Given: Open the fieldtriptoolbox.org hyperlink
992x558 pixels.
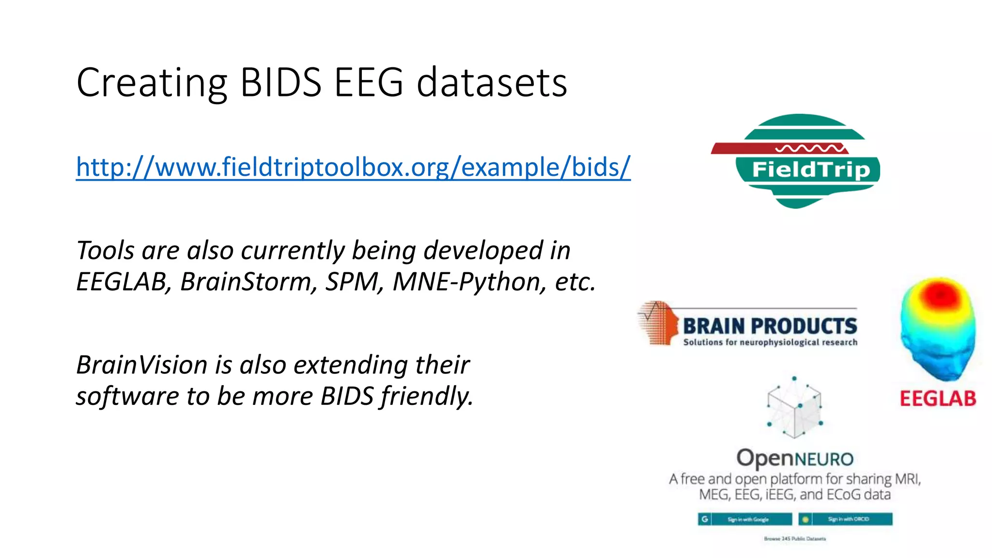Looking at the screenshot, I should point(353,167).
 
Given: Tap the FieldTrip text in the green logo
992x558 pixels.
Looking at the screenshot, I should point(811,170).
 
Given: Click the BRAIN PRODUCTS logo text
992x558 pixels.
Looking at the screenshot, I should point(770,326).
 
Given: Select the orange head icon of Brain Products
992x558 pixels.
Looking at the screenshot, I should point(659,323).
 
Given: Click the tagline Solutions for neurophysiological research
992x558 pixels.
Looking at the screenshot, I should point(770,342).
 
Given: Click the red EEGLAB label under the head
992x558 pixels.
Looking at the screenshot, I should point(938,399).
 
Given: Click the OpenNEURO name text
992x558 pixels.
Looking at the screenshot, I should point(794,458).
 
